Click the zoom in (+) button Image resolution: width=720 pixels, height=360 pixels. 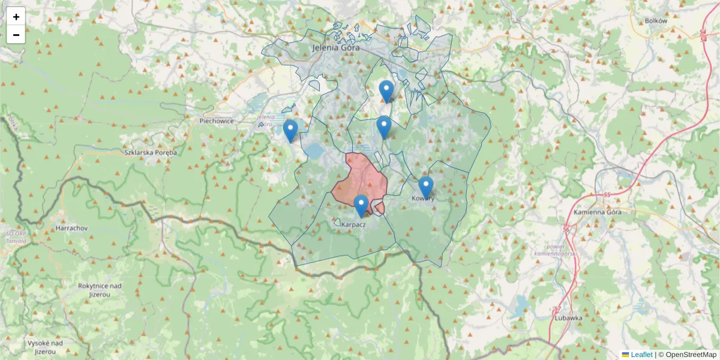click(16, 17)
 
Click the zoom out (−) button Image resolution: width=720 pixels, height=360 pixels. click(16, 35)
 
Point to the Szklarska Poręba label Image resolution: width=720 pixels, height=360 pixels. click(151, 152)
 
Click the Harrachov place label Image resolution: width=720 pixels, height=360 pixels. click(71, 229)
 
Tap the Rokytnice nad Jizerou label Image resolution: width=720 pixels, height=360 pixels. click(100, 290)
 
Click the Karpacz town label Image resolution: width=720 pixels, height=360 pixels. click(353, 224)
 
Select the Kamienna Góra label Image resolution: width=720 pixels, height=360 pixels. click(598, 212)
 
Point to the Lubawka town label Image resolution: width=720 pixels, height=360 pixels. click(568, 318)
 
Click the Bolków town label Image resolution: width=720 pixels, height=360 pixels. click(656, 20)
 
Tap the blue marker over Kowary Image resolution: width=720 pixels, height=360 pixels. click(426, 187)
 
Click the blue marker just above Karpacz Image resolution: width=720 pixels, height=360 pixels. click(361, 205)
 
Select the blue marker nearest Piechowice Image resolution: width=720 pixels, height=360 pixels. click(290, 130)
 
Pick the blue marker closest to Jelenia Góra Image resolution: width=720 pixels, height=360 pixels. click(386, 91)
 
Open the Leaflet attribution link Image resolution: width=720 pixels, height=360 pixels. click(641, 355)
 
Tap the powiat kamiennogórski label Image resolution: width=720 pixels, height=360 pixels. click(550, 250)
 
